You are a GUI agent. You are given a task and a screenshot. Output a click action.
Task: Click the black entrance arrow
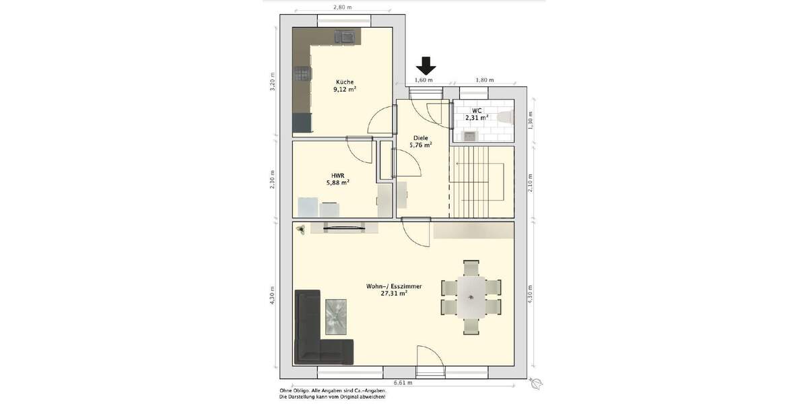(x=426, y=65)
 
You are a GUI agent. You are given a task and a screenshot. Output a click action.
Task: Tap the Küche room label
(x=344, y=81)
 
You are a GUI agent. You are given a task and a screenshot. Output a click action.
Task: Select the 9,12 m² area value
(x=344, y=89)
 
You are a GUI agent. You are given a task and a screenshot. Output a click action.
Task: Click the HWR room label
(x=337, y=174)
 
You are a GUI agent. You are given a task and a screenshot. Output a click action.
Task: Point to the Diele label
(x=420, y=137)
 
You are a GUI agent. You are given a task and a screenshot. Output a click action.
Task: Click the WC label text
(x=476, y=110)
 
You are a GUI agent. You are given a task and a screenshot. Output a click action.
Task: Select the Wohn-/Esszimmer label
(x=394, y=286)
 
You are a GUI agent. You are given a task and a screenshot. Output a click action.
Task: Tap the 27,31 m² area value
(x=394, y=294)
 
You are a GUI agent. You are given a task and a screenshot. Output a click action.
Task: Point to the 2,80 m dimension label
(x=342, y=7)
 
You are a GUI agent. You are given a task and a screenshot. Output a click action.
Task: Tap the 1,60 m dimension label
(x=423, y=80)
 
